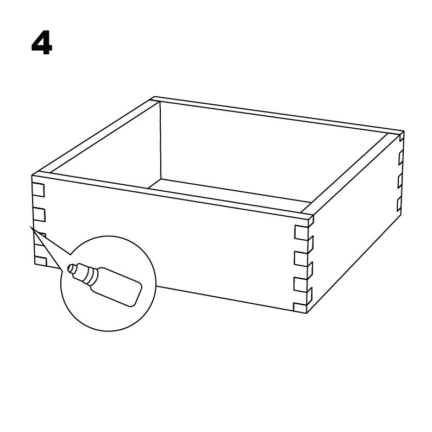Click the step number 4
coord(42,43)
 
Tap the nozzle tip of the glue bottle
coord(71,268)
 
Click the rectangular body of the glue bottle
coord(116,286)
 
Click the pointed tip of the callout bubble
coord(30,227)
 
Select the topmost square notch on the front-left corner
coord(38,190)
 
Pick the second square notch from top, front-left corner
coord(39,215)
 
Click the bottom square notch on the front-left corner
coord(41,261)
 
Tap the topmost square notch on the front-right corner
coord(301,233)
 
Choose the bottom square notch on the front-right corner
coord(300,308)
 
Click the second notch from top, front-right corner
coord(300,259)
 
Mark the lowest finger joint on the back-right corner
coord(399,204)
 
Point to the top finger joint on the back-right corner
coord(402,136)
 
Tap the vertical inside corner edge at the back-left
coord(160,140)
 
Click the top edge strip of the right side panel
coord(350,173)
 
